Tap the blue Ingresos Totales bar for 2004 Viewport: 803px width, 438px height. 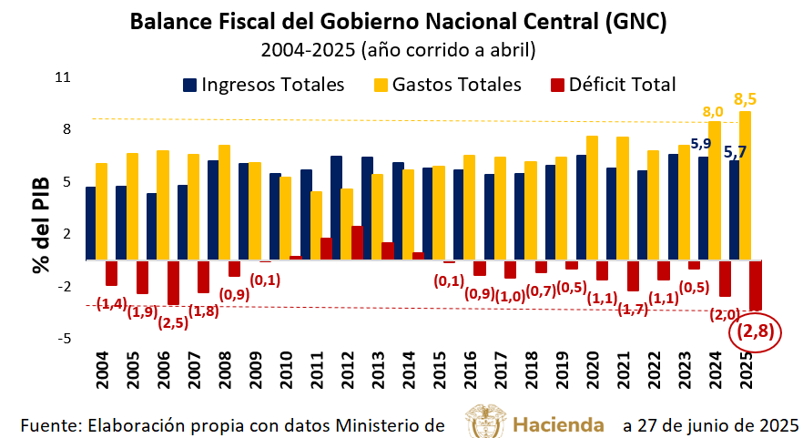[90, 223]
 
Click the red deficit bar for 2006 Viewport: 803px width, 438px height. [173, 282]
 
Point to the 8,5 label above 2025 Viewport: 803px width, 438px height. [745, 98]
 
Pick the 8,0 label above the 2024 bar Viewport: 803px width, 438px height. [713, 111]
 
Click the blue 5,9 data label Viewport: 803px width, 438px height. [700, 143]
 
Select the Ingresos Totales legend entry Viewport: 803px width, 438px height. [263, 85]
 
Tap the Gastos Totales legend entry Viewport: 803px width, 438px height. [447, 85]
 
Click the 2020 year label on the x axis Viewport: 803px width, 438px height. [592, 368]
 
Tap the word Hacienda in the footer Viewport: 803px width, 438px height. [558, 424]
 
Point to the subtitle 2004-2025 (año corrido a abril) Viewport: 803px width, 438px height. [398, 48]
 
